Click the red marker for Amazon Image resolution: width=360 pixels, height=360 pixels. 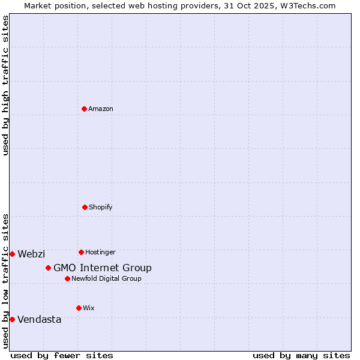(x=84, y=109)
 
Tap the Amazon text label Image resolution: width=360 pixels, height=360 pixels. (x=101, y=109)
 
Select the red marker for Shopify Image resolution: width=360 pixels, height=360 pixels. (x=85, y=207)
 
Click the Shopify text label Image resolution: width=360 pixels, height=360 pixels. (x=101, y=208)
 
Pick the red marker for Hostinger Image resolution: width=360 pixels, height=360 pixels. (x=81, y=252)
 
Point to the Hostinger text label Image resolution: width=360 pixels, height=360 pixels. (x=100, y=253)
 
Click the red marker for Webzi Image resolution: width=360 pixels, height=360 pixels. (x=12, y=254)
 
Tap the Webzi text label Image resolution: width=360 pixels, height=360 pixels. (x=31, y=254)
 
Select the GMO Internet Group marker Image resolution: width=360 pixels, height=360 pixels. (x=48, y=268)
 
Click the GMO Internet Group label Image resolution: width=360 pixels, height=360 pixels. (x=103, y=268)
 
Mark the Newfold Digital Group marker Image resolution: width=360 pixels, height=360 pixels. (x=67, y=278)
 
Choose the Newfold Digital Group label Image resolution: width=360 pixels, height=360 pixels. (x=106, y=279)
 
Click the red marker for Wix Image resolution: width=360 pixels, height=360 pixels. (x=79, y=308)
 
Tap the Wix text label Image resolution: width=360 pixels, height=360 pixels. (x=89, y=308)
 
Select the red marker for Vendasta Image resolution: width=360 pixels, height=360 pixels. (x=12, y=319)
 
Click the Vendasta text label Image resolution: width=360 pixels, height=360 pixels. (x=40, y=320)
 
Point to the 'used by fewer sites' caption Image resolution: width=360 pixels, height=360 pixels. (x=62, y=355)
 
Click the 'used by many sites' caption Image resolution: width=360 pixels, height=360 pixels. (x=301, y=355)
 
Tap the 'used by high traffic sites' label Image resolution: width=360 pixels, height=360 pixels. (x=5, y=85)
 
